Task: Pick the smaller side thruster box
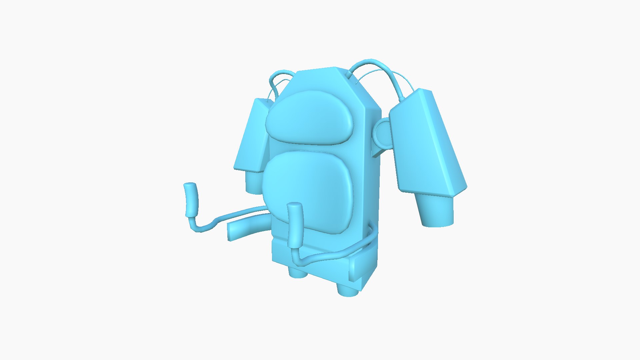point(252,137)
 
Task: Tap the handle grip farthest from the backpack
point(191,200)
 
